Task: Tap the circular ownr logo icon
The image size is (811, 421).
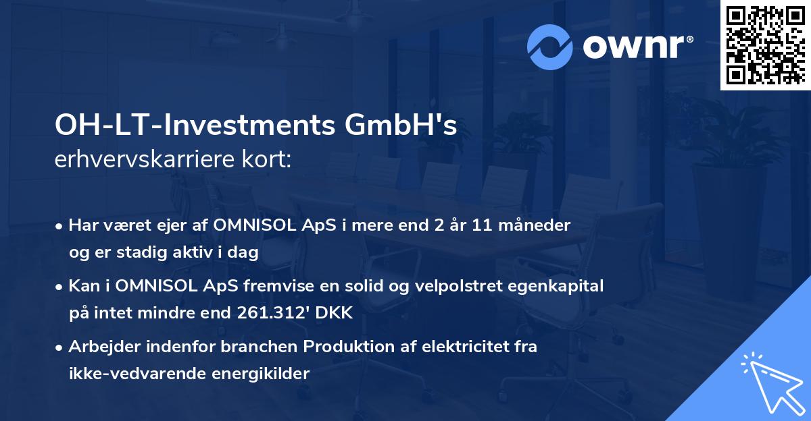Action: pyautogui.click(x=549, y=47)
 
